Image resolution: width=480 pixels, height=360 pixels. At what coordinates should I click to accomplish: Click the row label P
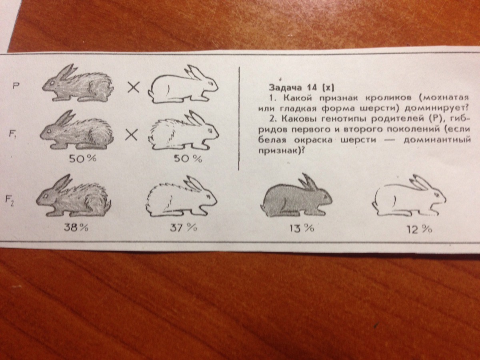coord(15,86)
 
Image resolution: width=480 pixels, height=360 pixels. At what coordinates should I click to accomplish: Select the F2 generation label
coord(10,201)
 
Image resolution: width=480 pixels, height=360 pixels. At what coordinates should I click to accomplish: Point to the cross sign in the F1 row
coord(132,134)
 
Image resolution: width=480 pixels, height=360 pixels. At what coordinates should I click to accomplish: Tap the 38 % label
coord(76,228)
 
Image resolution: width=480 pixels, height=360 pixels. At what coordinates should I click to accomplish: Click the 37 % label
coord(184,228)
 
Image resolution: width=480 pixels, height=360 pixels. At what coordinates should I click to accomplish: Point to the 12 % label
coord(419,230)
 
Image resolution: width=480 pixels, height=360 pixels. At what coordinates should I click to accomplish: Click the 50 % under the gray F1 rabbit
coord(83,159)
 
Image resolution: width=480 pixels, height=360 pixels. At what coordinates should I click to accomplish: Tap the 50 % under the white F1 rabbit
coord(188,159)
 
